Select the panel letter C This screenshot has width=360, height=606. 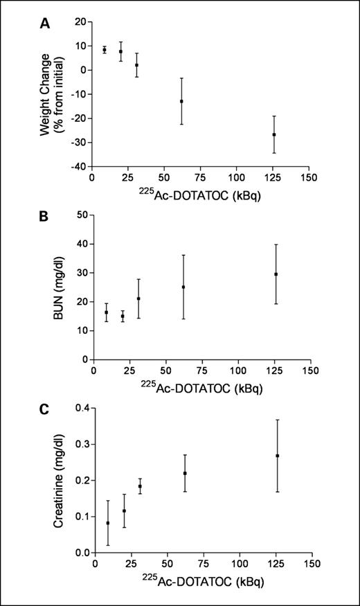click(x=44, y=409)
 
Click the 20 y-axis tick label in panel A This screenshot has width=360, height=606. click(x=80, y=21)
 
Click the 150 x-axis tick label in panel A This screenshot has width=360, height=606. click(x=309, y=177)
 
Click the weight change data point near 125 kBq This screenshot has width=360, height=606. click(x=274, y=134)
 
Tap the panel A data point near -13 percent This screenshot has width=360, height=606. click(x=181, y=101)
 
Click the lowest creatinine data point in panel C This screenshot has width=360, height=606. click(x=108, y=523)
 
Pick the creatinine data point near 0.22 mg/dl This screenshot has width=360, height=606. click(x=185, y=473)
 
